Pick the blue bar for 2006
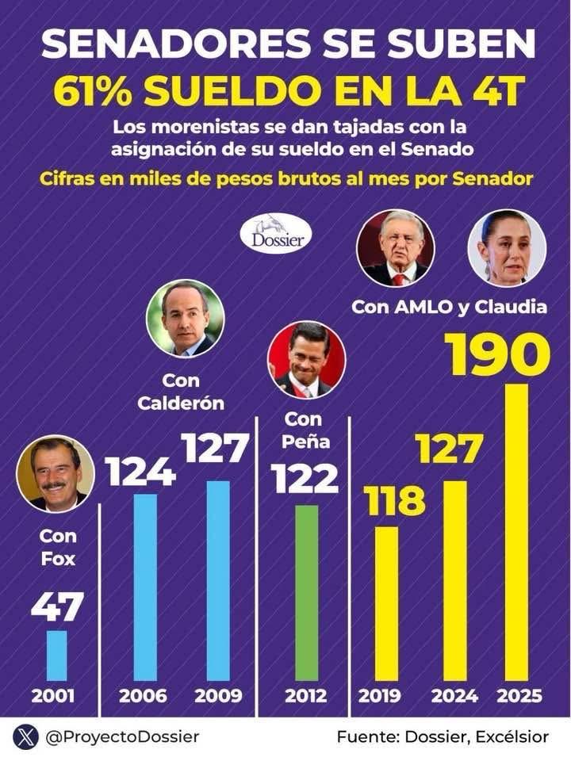145,587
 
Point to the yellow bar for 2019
386,602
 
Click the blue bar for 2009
218,579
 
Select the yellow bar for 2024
454,579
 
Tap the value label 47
57,607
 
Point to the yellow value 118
394,501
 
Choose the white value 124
140,472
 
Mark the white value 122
305,478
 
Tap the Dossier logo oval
276,235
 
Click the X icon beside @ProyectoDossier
25,737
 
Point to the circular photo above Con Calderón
185,318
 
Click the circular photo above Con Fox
56,474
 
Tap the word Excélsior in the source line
512,737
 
